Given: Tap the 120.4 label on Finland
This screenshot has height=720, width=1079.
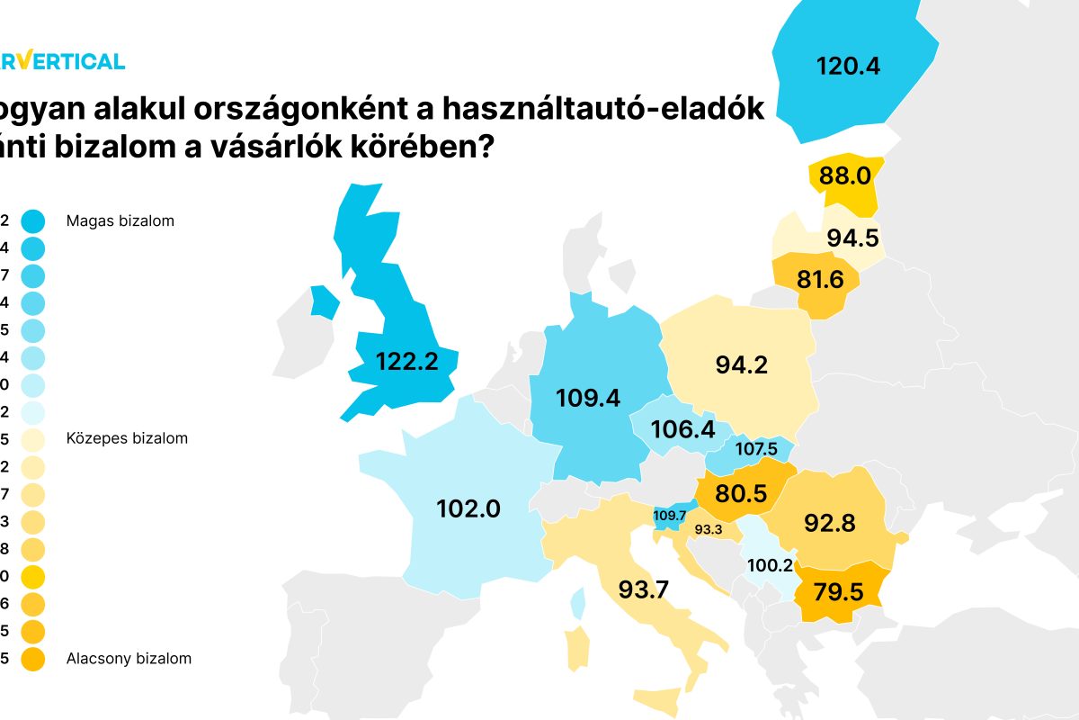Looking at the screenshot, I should [847, 65].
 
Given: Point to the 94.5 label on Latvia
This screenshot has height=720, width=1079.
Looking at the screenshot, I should [852, 238].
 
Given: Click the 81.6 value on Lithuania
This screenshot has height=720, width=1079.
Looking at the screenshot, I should [820, 280].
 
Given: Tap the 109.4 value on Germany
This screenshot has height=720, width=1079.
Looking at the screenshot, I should [588, 398].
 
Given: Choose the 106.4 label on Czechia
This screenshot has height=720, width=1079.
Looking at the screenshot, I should [683, 429].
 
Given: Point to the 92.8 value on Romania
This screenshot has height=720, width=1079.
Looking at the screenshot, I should [830, 523].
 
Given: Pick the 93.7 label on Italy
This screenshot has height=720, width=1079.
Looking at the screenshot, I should [643, 589].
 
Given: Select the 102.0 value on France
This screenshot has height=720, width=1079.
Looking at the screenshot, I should [468, 508].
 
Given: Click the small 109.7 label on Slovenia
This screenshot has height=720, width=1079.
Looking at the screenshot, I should [670, 516].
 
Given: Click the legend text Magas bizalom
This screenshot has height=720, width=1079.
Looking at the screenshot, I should [120, 220].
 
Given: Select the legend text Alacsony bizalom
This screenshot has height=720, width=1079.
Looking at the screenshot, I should [129, 658].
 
